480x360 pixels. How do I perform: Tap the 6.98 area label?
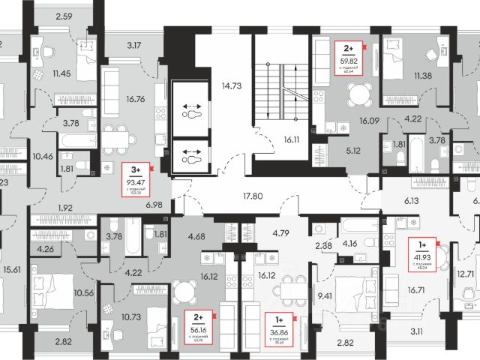(154, 204)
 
